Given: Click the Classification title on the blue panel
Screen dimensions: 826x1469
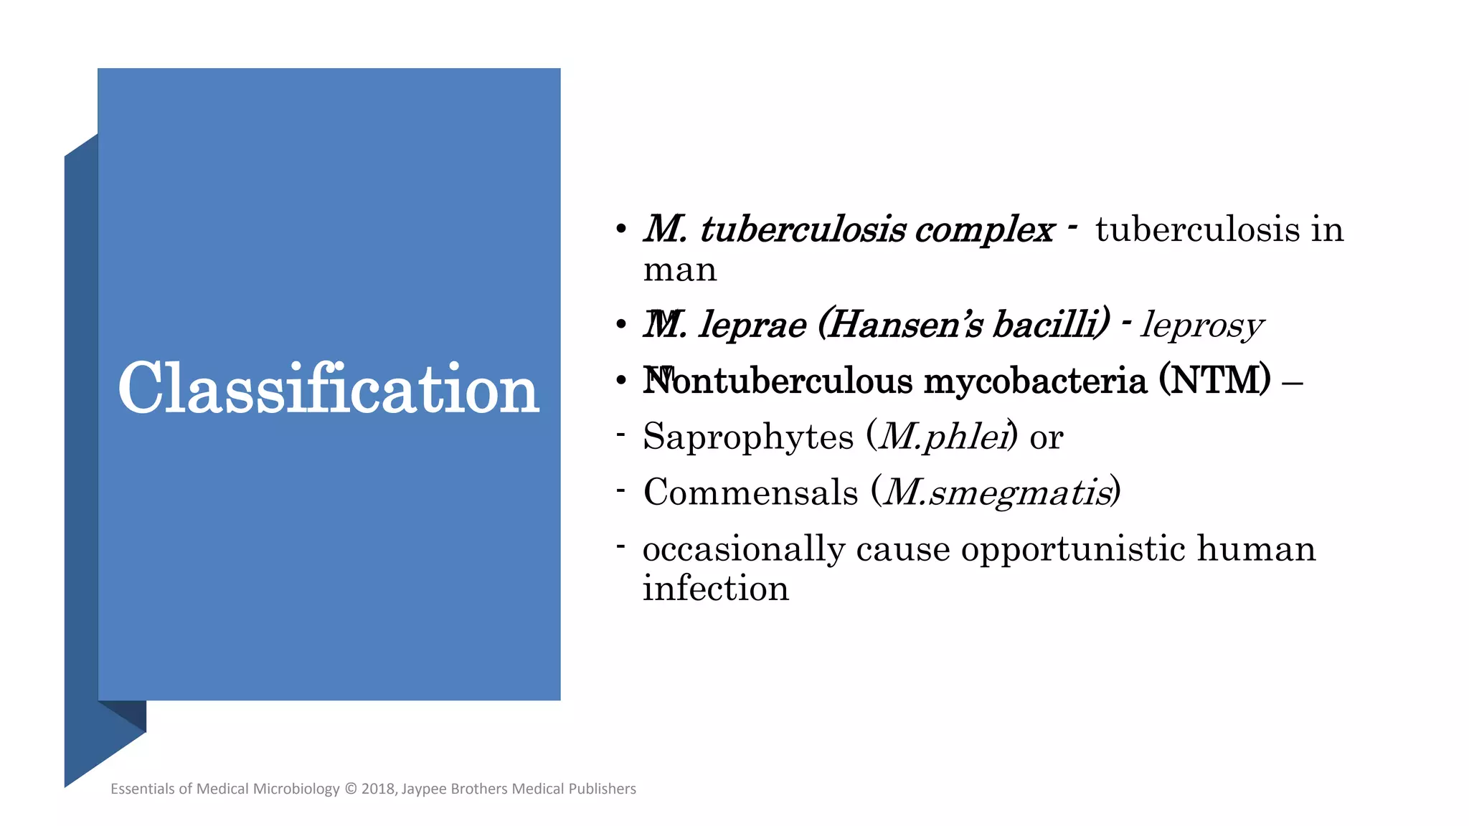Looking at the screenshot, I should pyautogui.click(x=329, y=389).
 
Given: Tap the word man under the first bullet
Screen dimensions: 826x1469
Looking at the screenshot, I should pyautogui.click(x=680, y=270).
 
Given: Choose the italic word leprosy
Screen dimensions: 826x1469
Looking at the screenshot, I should pyautogui.click(x=1202, y=325).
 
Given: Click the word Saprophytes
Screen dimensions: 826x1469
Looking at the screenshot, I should pyautogui.click(x=749, y=437).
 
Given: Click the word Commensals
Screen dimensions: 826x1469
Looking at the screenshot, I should pyautogui.click(x=750, y=493).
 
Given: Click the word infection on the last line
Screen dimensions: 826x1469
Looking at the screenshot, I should pyautogui.click(x=715, y=589).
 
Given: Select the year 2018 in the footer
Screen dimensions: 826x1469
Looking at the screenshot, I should pyautogui.click(x=378, y=789).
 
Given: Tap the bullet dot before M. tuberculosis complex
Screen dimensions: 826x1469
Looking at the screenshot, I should pyautogui.click(x=621, y=231).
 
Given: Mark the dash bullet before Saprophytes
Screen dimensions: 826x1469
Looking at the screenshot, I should pyautogui.click(x=621, y=435).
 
